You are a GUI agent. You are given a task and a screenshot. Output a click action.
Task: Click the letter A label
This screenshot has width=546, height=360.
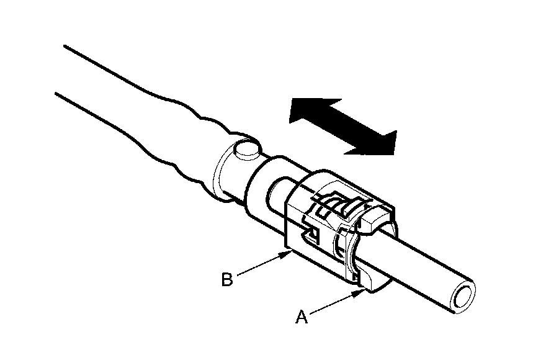point(302,317)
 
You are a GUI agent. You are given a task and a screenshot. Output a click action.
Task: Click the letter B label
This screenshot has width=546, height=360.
point(227,279)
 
